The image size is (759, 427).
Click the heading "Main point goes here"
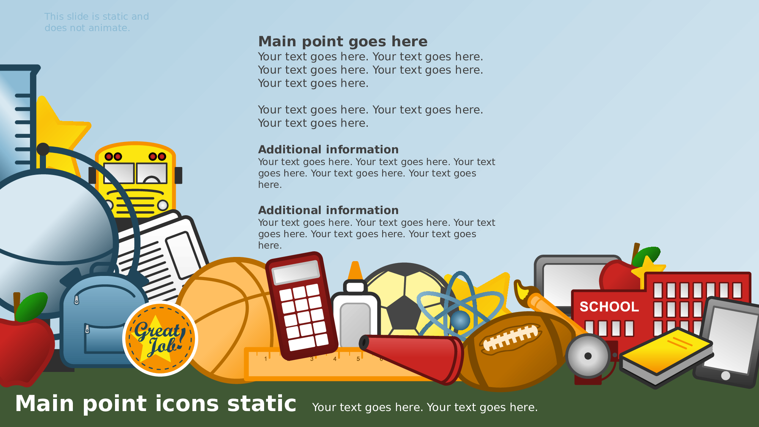click(343, 41)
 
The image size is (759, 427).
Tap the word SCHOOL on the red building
click(609, 307)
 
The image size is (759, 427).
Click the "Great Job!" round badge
click(160, 339)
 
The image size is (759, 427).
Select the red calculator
click(302, 306)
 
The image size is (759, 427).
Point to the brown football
click(516, 351)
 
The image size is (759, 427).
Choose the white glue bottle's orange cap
click(355, 270)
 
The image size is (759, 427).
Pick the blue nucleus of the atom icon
click(460, 320)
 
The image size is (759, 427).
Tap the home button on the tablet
click(726, 376)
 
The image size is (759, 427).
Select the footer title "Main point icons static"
click(156, 403)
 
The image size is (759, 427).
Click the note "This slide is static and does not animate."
click(97, 22)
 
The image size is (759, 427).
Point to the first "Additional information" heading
click(328, 150)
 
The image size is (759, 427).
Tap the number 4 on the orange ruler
click(335, 359)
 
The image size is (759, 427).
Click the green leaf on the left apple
click(32, 307)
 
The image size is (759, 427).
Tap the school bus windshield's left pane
click(119, 173)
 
